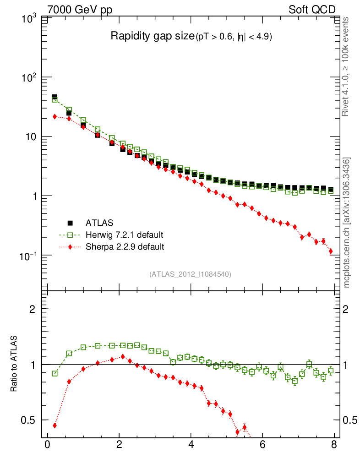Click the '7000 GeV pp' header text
pos(80,10)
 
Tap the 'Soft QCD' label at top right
pos(312,10)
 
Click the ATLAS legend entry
pos(98,223)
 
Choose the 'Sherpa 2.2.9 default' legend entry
pos(125,247)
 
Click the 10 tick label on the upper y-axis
pos(32,137)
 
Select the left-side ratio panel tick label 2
pos(33,309)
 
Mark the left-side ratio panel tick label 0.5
pos(29,420)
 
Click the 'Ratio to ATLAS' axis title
pos(14,365)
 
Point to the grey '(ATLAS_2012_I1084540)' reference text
pos(190,274)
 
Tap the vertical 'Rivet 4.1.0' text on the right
pos(346,66)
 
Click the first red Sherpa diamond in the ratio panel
pos(55,425)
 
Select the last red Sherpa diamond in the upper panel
pos(331,251)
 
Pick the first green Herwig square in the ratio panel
pos(55,373)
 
